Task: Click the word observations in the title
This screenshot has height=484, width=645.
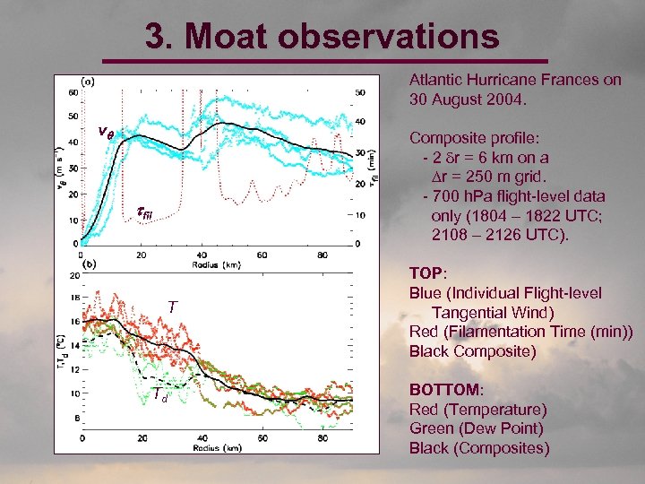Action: point(395,38)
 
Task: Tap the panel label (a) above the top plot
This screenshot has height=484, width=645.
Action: point(90,81)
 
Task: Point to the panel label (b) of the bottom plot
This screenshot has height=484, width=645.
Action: point(90,264)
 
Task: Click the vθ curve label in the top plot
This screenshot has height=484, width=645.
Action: point(106,133)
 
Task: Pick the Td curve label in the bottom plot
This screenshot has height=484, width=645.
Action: point(159,395)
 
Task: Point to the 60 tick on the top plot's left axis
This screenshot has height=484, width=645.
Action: point(73,91)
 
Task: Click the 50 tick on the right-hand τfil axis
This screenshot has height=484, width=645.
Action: point(360,92)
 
